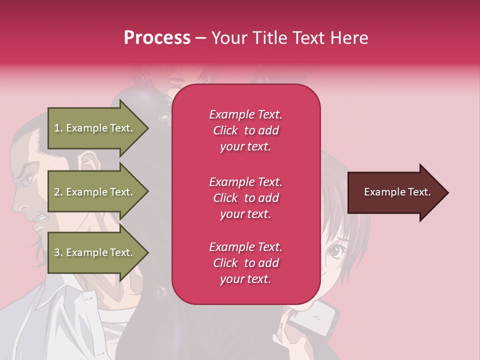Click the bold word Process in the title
pyautogui.click(x=157, y=37)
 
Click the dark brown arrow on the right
pyautogui.click(x=395, y=192)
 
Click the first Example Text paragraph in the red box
pyautogui.click(x=245, y=130)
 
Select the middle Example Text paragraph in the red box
pyautogui.click(x=245, y=197)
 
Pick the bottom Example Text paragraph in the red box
pyautogui.click(x=245, y=262)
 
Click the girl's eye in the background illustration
pyautogui.click(x=333, y=251)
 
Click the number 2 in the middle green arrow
pyautogui.click(x=57, y=192)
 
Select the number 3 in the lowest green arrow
pyautogui.click(x=57, y=252)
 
